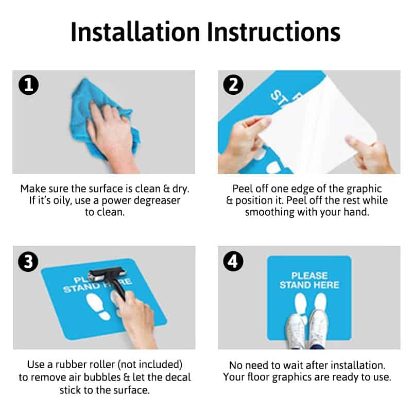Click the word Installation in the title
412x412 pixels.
tap(135, 32)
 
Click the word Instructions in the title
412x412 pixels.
tap(273, 32)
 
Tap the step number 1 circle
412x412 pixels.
tap(29, 85)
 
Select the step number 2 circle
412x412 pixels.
tap(233, 84)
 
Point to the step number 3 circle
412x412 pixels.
tap(28, 262)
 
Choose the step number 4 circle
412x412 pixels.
tap(233, 262)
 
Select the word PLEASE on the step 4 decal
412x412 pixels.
tap(310, 276)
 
